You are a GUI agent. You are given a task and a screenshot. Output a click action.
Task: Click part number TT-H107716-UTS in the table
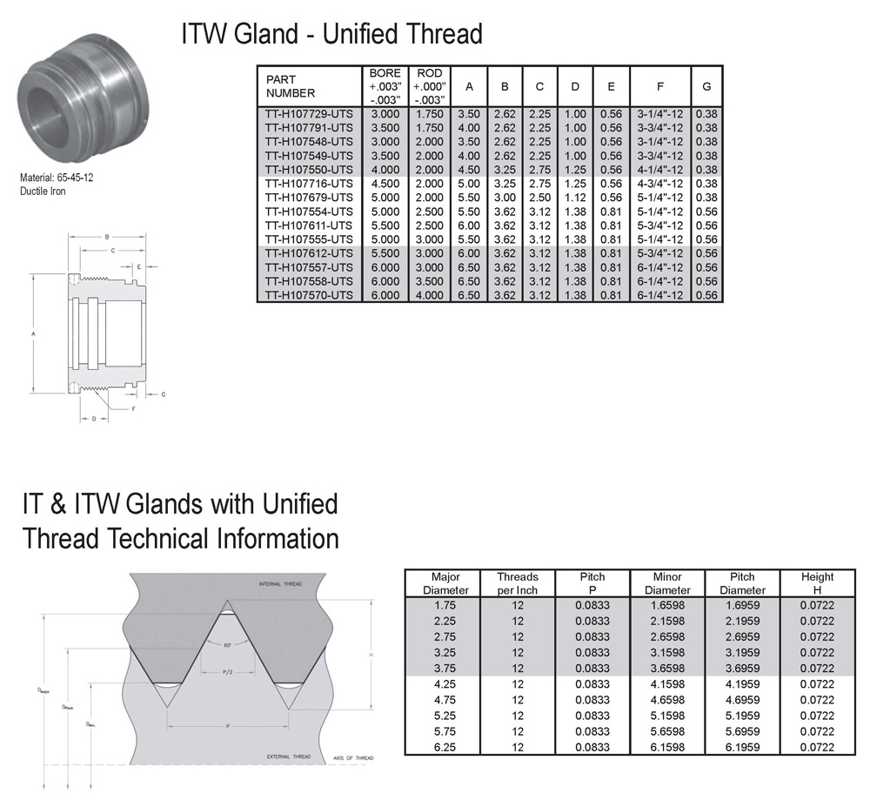[x=309, y=184]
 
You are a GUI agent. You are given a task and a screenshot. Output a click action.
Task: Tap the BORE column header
[x=385, y=86]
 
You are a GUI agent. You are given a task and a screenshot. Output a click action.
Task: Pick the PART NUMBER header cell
[x=291, y=86]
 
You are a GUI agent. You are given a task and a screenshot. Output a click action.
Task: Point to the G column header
[x=706, y=86]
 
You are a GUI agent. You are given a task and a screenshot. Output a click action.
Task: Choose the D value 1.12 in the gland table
[x=575, y=198]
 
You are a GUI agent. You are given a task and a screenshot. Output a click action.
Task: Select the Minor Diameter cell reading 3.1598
[x=668, y=652]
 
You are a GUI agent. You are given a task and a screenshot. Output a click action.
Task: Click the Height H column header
[x=817, y=583]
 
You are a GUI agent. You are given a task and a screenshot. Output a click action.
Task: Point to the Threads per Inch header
[x=518, y=583]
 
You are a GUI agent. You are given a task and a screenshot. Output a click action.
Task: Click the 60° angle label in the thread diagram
[x=227, y=645]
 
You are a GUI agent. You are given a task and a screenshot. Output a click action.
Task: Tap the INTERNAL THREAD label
[x=280, y=583]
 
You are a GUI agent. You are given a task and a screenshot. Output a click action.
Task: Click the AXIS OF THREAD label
[x=352, y=758]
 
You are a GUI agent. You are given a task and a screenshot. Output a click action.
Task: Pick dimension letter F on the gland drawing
[x=133, y=408]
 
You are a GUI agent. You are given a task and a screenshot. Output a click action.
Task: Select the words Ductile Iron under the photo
[x=43, y=192]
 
